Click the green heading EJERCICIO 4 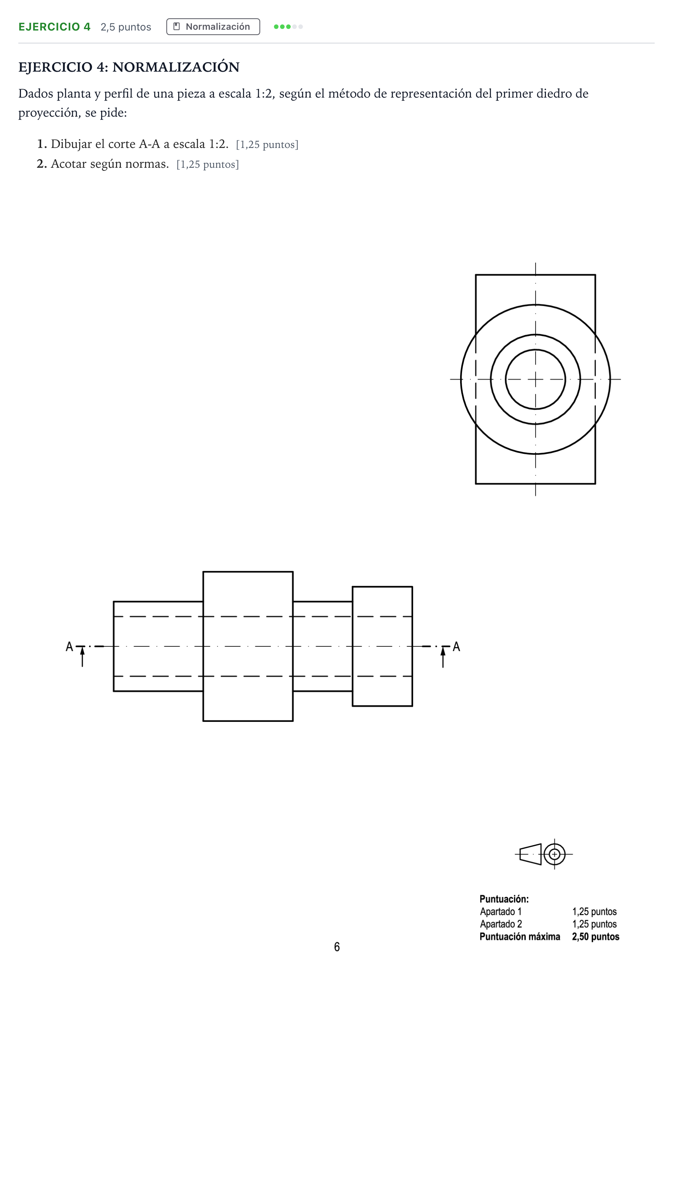point(54,27)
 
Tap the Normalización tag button point(213,27)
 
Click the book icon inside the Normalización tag point(177,26)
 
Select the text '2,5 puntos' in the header point(126,27)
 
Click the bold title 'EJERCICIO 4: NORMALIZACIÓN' point(129,67)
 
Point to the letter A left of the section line point(69,646)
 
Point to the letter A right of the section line point(456,646)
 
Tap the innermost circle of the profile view point(535,350)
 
